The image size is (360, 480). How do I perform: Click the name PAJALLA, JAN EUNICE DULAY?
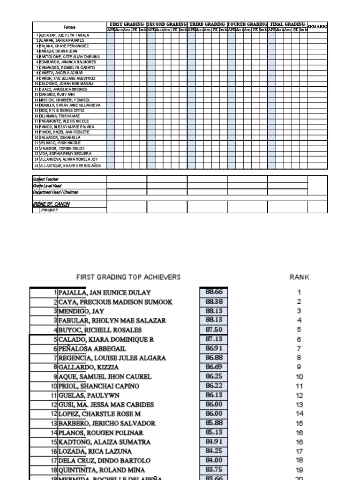pos(105,292)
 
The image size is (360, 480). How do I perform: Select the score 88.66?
pos(214,292)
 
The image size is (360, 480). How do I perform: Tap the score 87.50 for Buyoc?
pos(214,330)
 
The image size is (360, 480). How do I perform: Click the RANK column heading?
pos(300,277)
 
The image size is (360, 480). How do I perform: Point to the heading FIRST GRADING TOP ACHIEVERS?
pos(128,277)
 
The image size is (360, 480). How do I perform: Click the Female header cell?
pos(69,27)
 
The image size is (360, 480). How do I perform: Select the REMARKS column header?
pos(317,27)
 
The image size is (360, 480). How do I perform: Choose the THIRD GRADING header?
pos(207,24)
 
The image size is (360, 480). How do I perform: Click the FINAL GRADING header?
pos(287,24)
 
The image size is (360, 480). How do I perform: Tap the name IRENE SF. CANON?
pos(51,204)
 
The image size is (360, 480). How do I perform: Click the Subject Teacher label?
pos(45,179)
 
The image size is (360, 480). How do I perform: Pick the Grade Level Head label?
pos(47,186)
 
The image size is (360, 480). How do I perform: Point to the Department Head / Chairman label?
pos(55,192)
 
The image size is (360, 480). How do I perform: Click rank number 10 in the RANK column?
pos(299,376)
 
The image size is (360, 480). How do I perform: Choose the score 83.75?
pos(214,469)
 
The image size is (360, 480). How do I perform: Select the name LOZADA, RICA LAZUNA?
pos(95,451)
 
